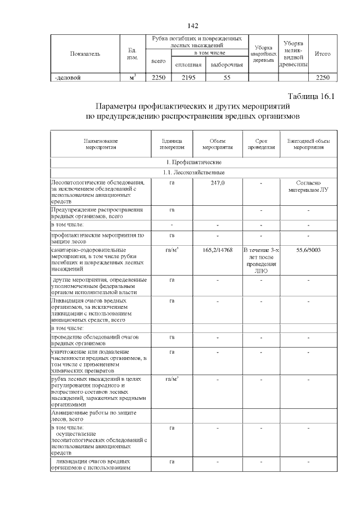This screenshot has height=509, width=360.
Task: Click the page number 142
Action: click(x=192, y=26)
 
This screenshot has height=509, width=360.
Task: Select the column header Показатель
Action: click(x=85, y=54)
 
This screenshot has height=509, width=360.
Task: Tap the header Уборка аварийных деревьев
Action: click(x=263, y=54)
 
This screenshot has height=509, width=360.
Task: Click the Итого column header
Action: click(x=323, y=54)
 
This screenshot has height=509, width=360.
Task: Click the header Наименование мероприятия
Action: click(x=102, y=144)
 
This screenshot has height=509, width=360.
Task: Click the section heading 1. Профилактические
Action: click(x=193, y=162)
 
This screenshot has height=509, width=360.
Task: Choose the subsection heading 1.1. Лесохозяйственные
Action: click(x=193, y=172)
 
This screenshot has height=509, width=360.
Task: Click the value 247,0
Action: click(x=217, y=183)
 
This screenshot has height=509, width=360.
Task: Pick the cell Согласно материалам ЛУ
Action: click(x=308, y=186)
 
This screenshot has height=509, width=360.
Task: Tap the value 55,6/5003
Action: click(x=308, y=250)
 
